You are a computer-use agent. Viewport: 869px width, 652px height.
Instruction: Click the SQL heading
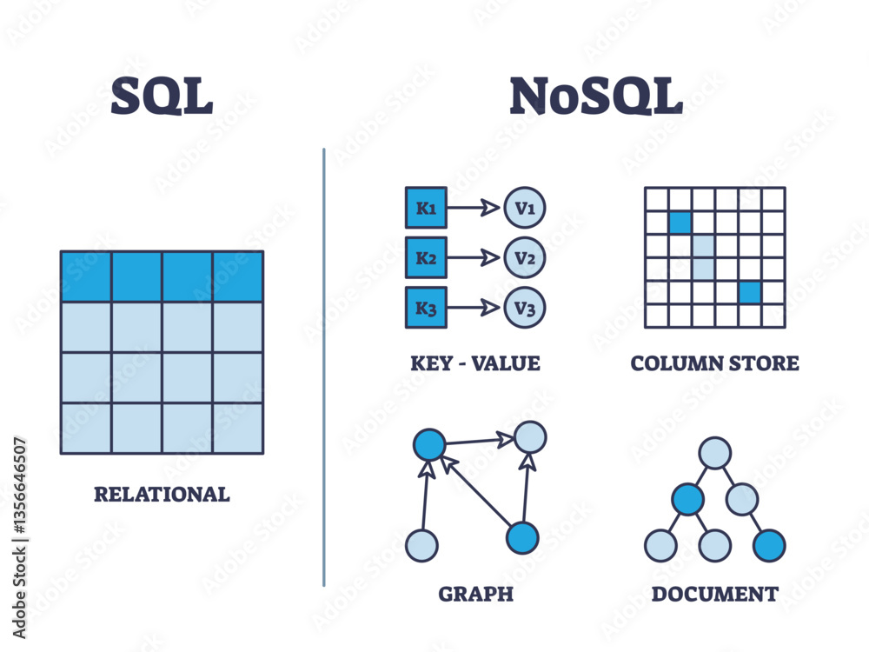(162, 96)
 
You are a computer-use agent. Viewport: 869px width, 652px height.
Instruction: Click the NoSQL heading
(596, 96)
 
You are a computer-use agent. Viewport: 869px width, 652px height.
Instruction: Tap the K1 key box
(426, 209)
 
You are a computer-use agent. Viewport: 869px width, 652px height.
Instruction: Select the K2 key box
(426, 258)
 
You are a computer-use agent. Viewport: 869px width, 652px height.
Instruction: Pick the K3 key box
(426, 308)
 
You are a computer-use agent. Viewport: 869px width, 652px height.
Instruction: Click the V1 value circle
(525, 209)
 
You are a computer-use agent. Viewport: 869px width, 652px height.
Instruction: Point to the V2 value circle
(525, 258)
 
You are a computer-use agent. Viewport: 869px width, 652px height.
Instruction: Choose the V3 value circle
(525, 308)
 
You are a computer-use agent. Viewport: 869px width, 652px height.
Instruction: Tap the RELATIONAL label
(162, 495)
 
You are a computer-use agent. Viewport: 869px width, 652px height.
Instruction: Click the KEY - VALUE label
(475, 363)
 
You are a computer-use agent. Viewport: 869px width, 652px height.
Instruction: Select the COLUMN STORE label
(714, 363)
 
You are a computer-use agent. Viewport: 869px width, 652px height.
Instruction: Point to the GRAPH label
(475, 595)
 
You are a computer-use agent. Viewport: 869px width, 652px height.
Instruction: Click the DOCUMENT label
(714, 595)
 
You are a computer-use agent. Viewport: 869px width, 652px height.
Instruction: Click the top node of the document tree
(714, 453)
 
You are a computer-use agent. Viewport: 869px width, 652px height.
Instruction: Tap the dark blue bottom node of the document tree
(769, 546)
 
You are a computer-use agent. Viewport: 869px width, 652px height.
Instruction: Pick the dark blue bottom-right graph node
(522, 538)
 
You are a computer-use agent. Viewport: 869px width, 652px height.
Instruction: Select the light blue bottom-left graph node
(421, 546)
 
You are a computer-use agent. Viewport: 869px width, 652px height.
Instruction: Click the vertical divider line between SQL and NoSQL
(324, 365)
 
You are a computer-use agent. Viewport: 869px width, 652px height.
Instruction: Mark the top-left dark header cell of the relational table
(86, 276)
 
